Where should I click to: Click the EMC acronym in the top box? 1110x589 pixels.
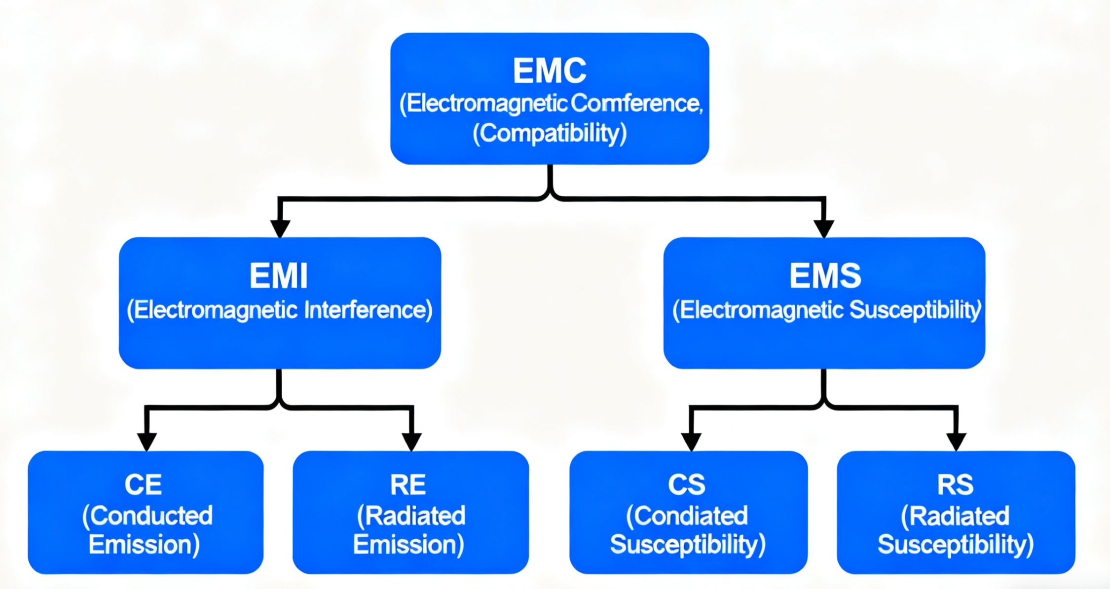[x=550, y=71]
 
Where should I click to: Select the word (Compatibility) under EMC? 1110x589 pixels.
[x=550, y=133]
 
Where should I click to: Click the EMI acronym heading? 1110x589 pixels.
[x=279, y=276]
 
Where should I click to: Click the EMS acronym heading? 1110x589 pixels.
[x=825, y=276]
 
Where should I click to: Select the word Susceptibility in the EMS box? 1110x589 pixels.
[x=916, y=311]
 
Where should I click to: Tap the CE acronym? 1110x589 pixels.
[x=143, y=485]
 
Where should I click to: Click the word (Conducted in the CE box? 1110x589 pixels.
[x=148, y=516]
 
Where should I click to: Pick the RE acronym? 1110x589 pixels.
[x=408, y=485]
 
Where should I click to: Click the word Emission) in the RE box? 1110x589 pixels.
[x=409, y=545]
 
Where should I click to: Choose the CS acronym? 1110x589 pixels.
[x=687, y=485]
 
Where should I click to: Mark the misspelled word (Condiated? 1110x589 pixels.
[x=687, y=516]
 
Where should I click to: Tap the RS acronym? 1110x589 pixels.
[x=956, y=485]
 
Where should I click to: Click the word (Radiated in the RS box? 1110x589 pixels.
[x=955, y=516]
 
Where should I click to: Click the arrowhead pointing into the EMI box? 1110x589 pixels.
[x=280, y=229]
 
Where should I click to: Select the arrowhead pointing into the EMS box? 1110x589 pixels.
[x=824, y=229]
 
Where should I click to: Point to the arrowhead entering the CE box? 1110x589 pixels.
[x=147, y=442]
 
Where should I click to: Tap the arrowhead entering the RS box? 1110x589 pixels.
[x=956, y=442]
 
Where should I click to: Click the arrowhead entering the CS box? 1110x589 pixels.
[x=692, y=442]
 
